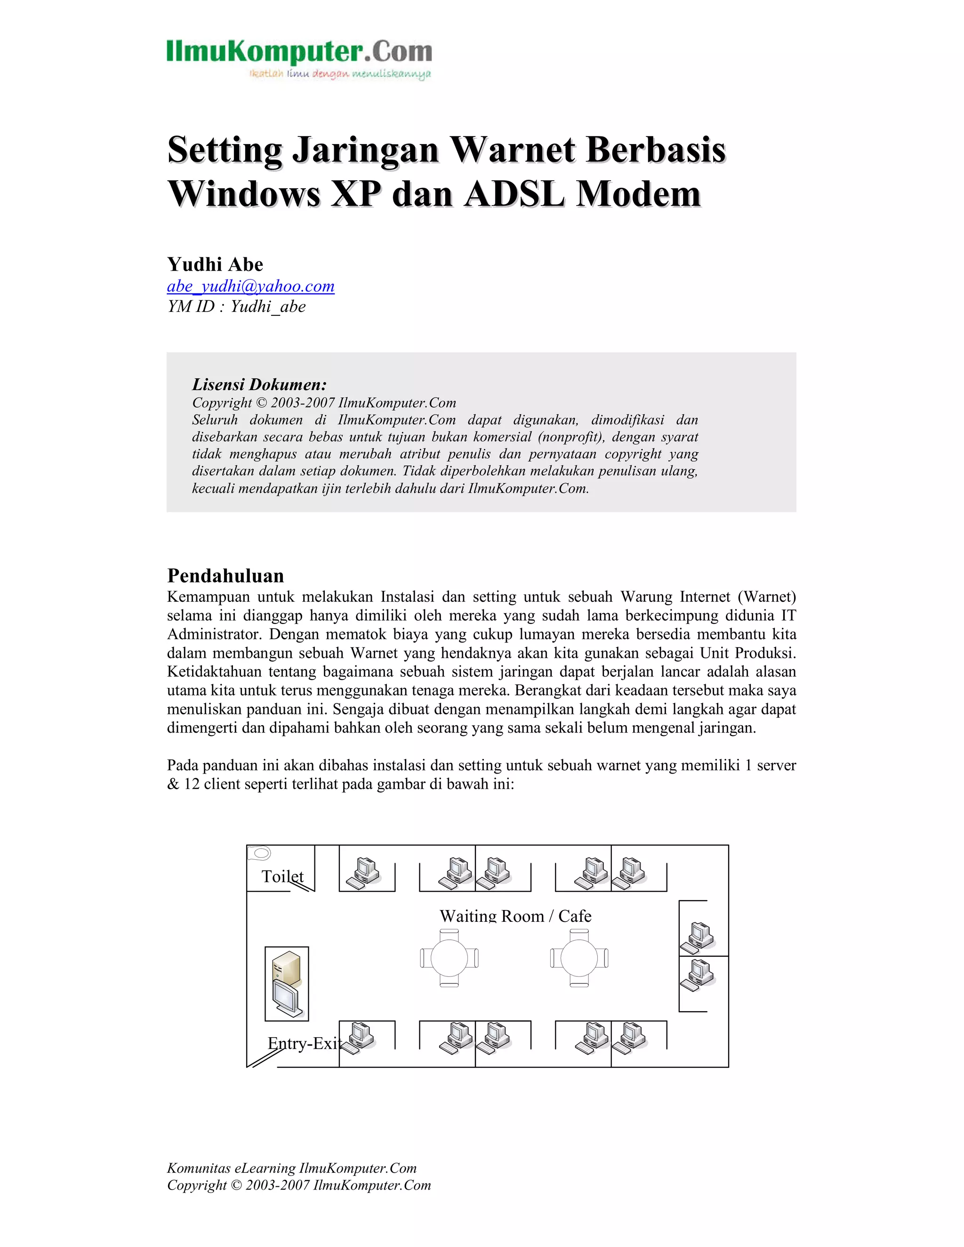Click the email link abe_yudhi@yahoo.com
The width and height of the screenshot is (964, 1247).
(251, 286)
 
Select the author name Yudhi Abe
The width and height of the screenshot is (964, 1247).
(215, 264)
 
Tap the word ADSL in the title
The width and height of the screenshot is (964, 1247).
(514, 194)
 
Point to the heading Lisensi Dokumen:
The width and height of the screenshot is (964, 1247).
(259, 384)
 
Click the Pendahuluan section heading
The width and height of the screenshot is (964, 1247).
(225, 575)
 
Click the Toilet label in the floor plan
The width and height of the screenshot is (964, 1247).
(282, 877)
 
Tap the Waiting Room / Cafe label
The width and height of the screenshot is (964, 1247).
(515, 916)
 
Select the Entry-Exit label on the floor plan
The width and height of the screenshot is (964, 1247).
(304, 1043)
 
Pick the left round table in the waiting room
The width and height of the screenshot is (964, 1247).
(450, 958)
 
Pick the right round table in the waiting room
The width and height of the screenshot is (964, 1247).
(579, 958)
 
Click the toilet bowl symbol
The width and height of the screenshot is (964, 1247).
(260, 854)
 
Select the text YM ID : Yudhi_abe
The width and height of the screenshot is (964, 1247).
(236, 307)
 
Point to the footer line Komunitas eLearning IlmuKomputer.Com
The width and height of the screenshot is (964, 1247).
(292, 1168)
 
